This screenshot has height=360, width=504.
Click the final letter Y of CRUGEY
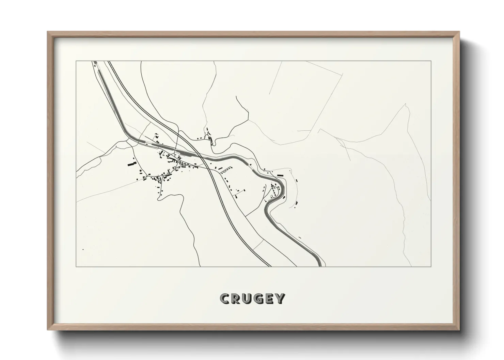click(280, 299)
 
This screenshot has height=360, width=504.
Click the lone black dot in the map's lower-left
click(83, 249)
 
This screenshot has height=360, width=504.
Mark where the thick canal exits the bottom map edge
click(319, 266)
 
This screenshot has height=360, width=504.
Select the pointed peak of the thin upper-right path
click(405, 104)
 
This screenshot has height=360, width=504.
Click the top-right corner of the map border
click(431, 61)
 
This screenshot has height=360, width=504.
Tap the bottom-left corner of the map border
click(76, 266)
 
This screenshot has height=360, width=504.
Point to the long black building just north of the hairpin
click(281, 175)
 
